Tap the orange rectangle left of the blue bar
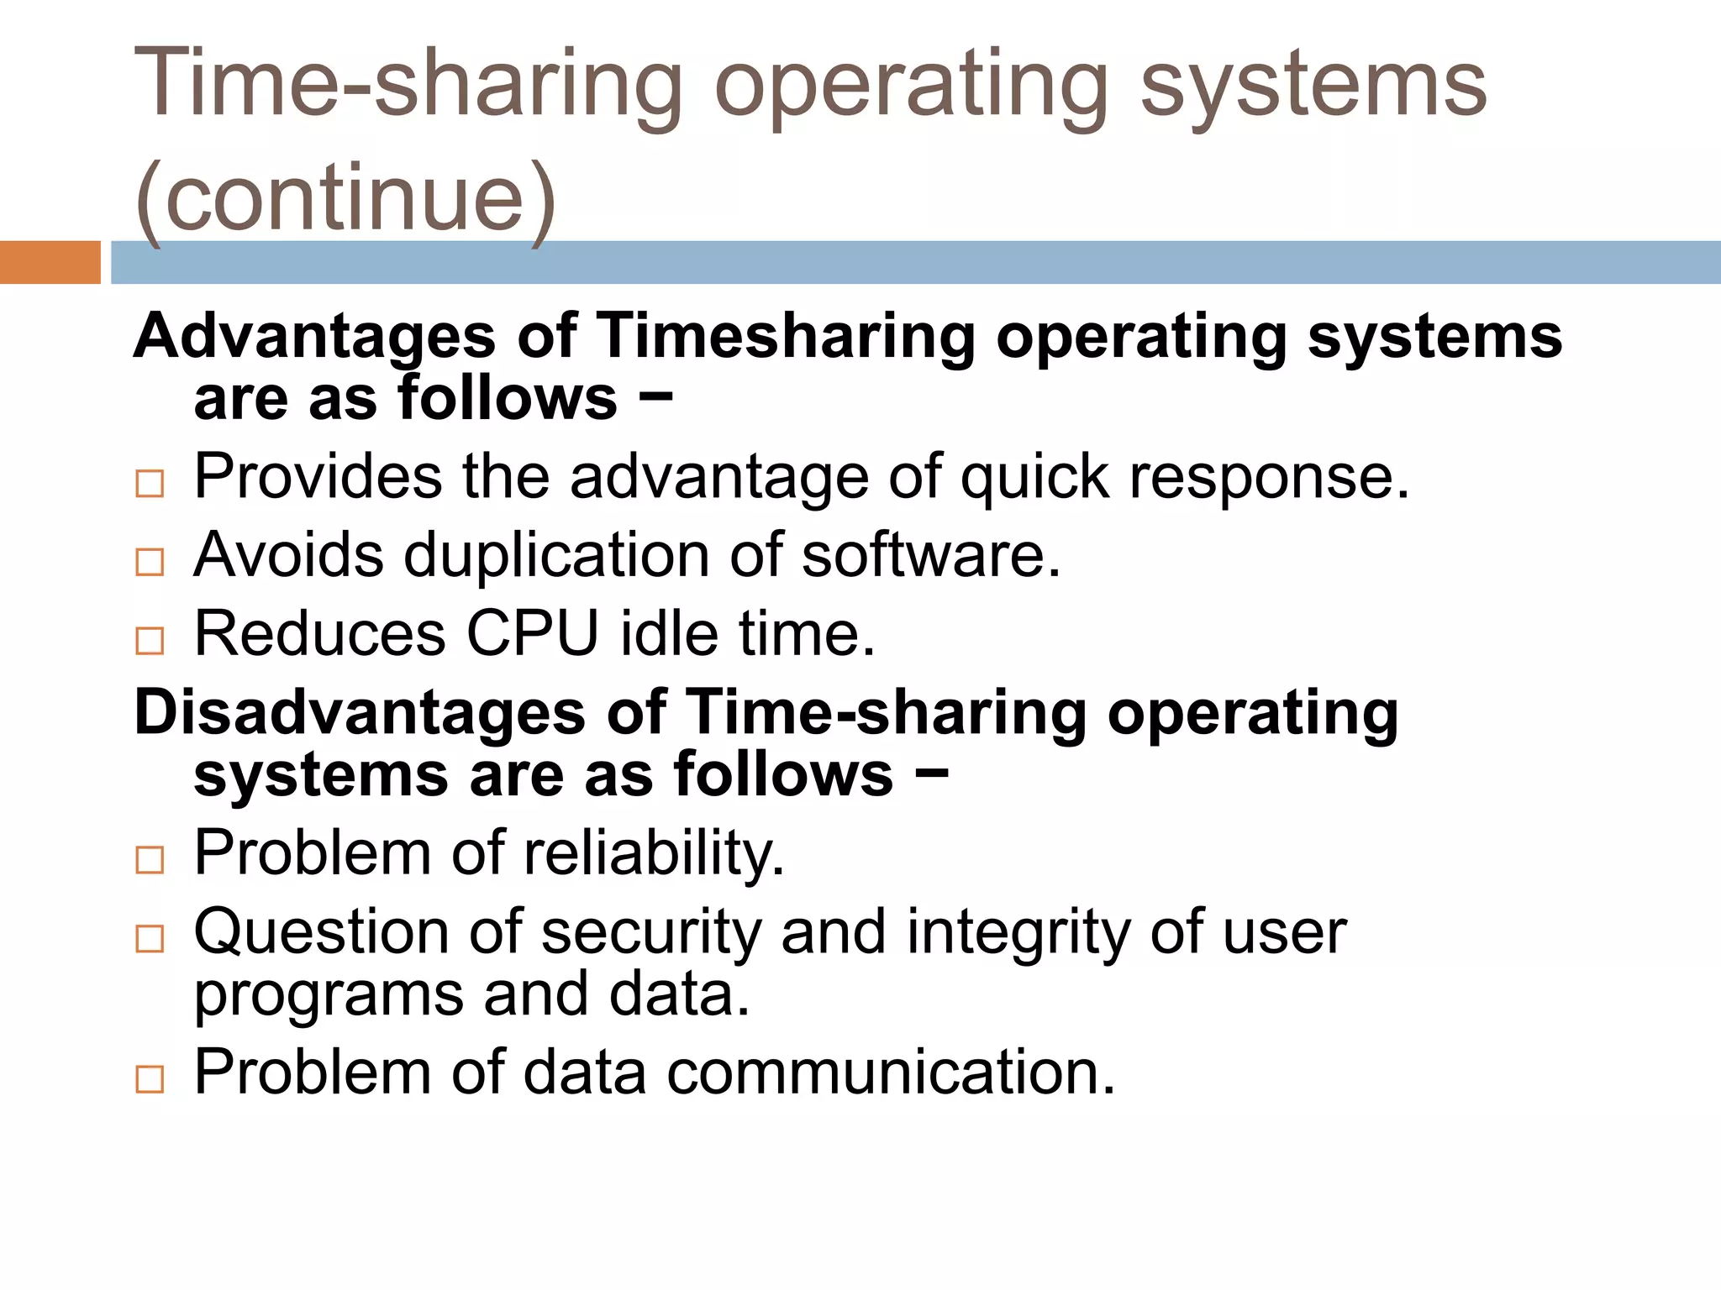click(50, 262)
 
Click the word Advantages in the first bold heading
click(315, 337)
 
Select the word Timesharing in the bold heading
click(785, 337)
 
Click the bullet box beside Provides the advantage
click(150, 484)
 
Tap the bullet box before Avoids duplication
click(150, 562)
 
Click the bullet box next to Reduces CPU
click(150, 641)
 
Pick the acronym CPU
click(533, 633)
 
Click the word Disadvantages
click(360, 713)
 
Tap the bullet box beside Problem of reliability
click(150, 860)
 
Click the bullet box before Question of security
click(150, 938)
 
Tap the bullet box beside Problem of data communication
click(150, 1079)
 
